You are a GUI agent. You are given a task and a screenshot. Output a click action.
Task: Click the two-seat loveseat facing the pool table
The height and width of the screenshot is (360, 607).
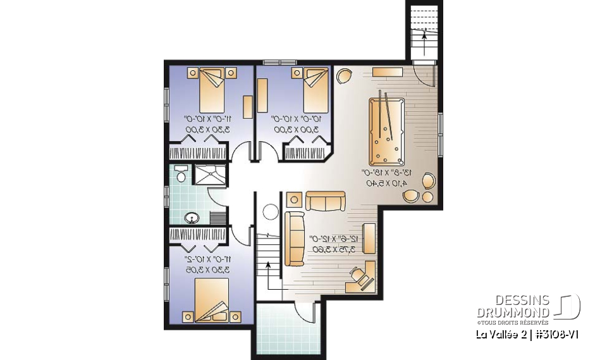point(326,201)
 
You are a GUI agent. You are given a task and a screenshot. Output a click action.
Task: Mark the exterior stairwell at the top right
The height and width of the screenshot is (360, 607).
point(424,32)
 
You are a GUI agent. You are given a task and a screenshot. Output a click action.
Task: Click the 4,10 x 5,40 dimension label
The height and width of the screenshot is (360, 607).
point(388,183)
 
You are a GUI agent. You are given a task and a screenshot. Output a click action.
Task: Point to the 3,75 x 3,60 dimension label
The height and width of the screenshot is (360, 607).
point(333,249)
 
